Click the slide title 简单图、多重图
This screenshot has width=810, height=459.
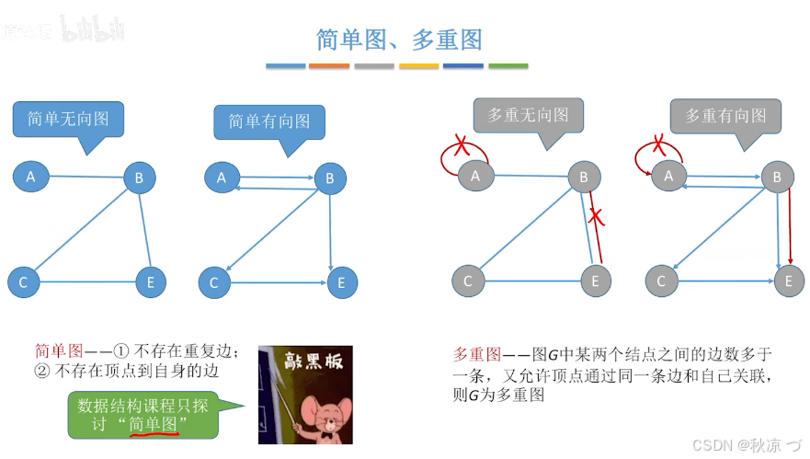[399, 39]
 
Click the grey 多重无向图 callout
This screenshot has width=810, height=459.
[528, 115]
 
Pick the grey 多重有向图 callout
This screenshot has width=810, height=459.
[724, 116]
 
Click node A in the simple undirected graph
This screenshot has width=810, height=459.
[30, 176]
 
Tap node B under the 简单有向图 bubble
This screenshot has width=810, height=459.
[329, 178]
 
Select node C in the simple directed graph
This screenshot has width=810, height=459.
[214, 282]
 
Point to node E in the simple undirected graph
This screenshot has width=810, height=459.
[151, 281]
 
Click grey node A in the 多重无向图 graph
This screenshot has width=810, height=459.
[474, 176]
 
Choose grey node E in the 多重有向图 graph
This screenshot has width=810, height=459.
[788, 281]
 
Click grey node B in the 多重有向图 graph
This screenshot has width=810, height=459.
[777, 177]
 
